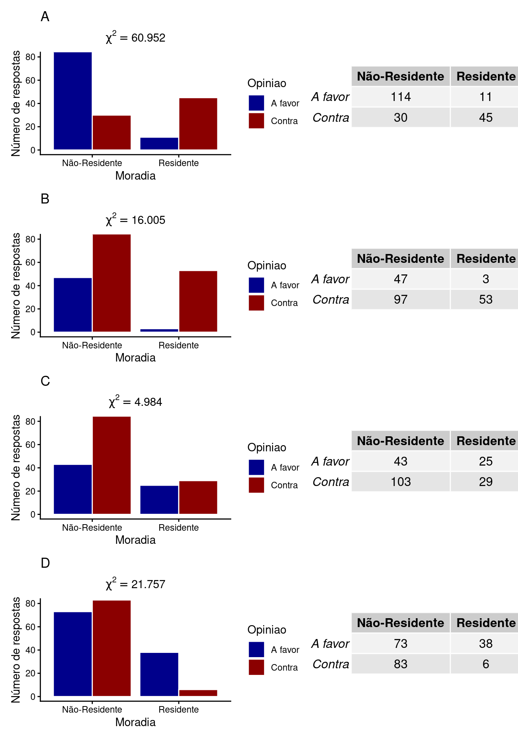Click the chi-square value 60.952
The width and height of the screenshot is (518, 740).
[x=136, y=37]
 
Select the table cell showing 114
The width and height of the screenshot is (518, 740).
[x=400, y=97]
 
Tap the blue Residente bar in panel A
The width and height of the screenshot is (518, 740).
[x=159, y=143]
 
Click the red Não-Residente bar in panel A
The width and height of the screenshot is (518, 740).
[x=112, y=132]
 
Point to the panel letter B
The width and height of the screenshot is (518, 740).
[x=45, y=199]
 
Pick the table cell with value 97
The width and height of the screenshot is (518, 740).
[x=400, y=299]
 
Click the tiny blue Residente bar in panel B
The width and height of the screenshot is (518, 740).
[x=159, y=330]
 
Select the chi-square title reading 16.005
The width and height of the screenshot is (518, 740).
[x=136, y=220]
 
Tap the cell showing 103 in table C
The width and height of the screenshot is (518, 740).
[x=400, y=482]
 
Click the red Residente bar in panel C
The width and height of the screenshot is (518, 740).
[x=198, y=497]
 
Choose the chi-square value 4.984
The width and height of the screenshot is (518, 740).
[x=136, y=402]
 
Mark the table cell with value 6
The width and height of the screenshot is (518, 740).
[x=486, y=664]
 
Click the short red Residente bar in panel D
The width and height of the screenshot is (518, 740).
[x=198, y=693]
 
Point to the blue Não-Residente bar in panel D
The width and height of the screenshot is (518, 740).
[x=73, y=654]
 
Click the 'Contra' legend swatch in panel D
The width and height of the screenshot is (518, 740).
[x=256, y=667]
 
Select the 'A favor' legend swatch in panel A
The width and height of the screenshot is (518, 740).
[x=256, y=103]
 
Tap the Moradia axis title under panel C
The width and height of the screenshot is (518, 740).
[x=135, y=540]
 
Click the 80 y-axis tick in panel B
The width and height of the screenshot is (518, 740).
[x=30, y=239]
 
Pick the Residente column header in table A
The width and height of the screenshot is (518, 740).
[x=486, y=76]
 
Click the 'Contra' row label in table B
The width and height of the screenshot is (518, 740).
[x=331, y=299]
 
